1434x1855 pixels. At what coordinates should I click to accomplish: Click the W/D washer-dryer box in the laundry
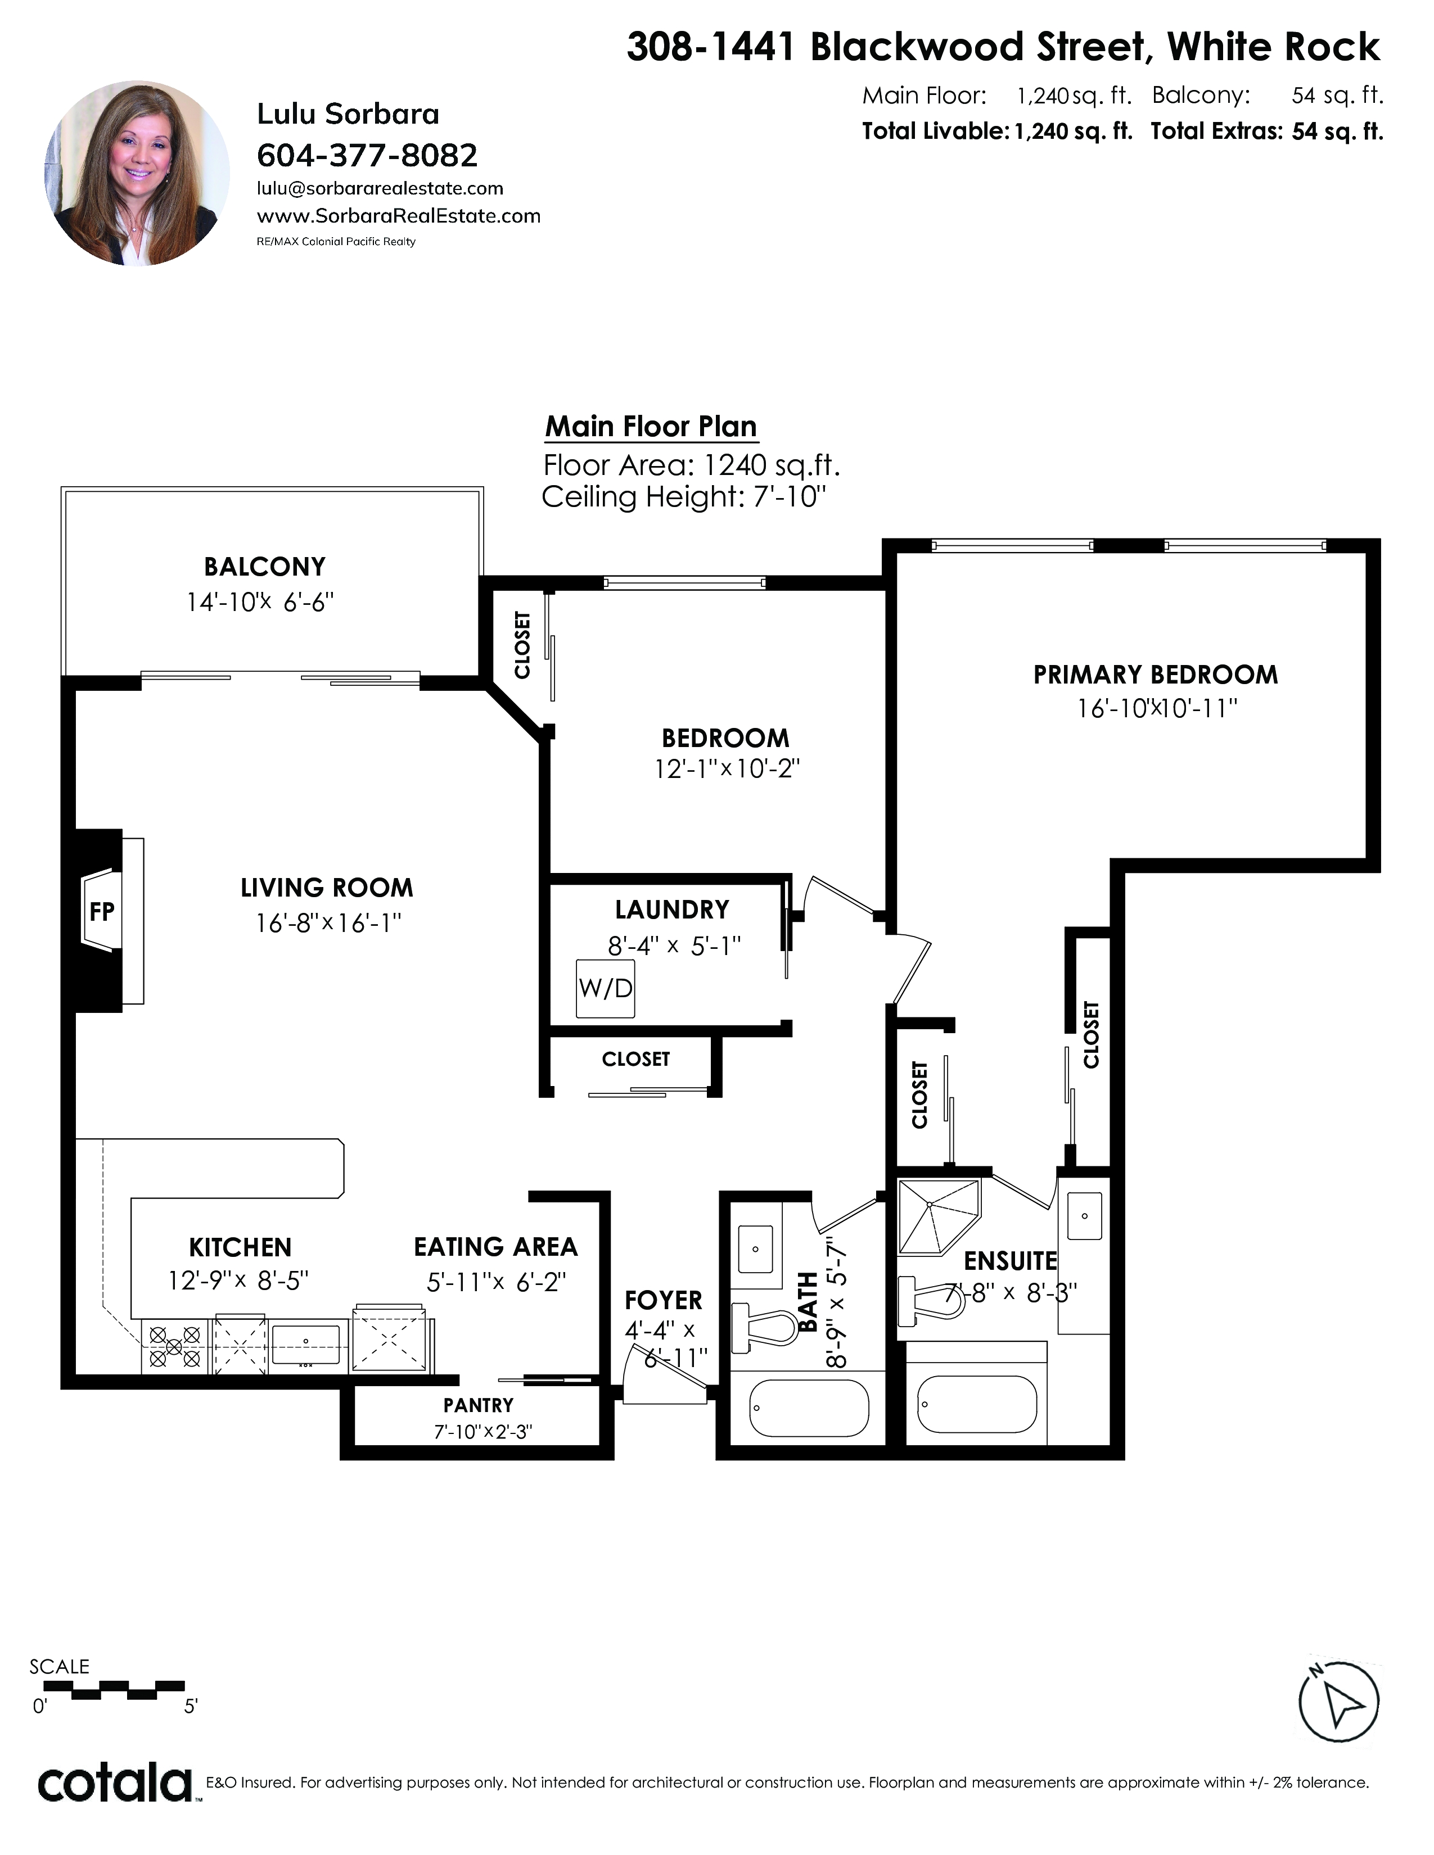pyautogui.click(x=605, y=989)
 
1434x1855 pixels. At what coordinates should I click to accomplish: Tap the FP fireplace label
pyautogui.click(x=102, y=911)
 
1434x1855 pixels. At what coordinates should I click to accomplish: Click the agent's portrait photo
pyautogui.click(x=137, y=173)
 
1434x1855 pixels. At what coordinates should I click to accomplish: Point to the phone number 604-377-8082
pyautogui.click(x=367, y=156)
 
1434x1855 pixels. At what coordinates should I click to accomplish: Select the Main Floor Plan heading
pyautogui.click(x=651, y=427)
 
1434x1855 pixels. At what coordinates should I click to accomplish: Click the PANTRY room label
pyautogui.click(x=479, y=1406)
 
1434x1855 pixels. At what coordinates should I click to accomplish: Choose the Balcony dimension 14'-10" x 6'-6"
pyautogui.click(x=260, y=602)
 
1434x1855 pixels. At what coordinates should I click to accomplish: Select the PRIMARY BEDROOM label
pyautogui.click(x=1156, y=675)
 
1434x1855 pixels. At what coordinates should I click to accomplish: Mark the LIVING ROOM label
pyautogui.click(x=327, y=888)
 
